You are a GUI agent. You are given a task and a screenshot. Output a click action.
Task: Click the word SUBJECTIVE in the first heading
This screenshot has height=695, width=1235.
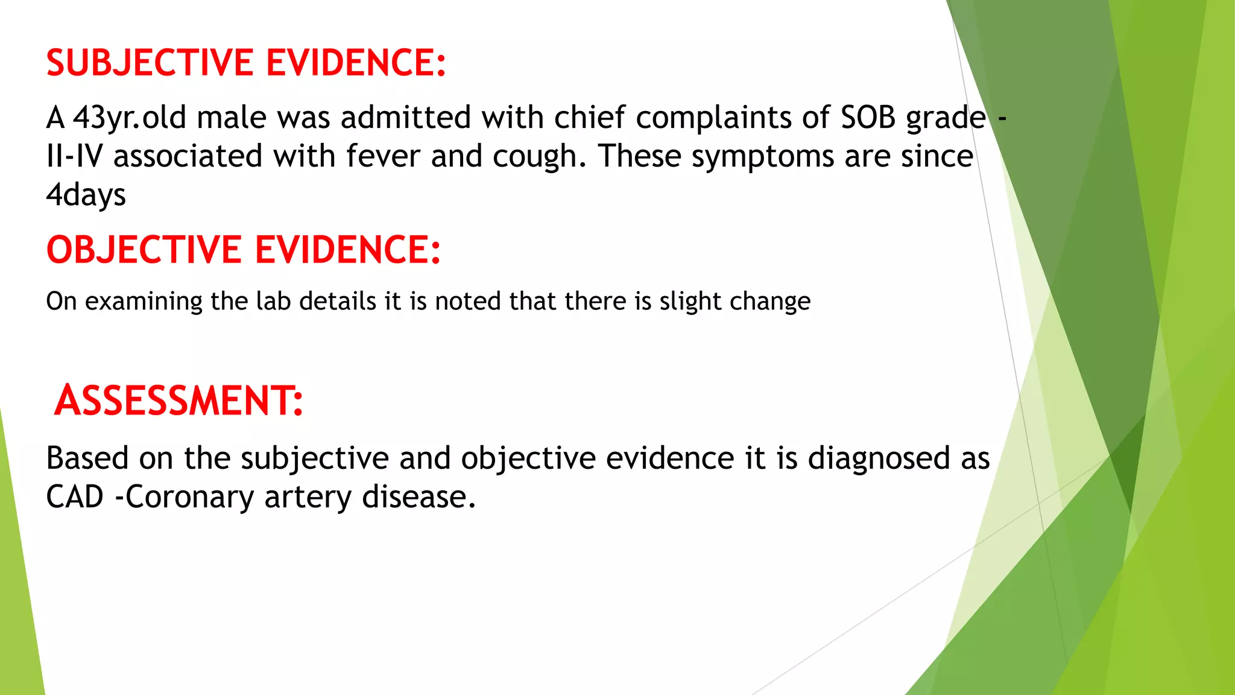[150, 63]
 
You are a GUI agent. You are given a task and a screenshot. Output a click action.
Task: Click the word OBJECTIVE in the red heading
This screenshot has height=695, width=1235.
[144, 250]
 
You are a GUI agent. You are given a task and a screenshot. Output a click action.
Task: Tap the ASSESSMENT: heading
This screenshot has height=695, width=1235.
[178, 401]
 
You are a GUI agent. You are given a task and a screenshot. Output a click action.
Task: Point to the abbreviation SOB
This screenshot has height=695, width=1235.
[868, 117]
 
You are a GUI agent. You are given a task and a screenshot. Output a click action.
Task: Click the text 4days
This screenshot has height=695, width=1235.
[86, 195]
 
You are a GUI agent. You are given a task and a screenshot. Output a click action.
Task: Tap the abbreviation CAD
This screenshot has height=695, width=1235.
[75, 497]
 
